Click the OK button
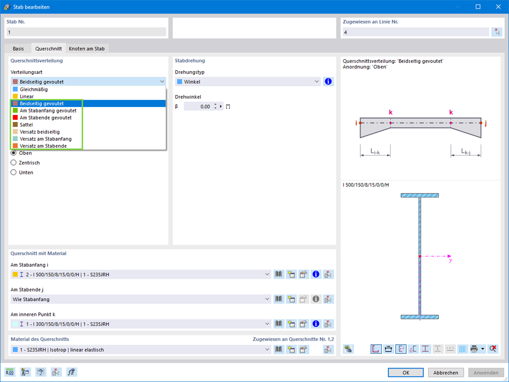pos(406,373)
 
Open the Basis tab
pos(18,48)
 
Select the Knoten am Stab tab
pos(86,48)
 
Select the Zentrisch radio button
pos(13,163)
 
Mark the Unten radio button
pos(13,173)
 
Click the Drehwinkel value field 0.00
pos(198,106)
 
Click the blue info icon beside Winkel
pos(328,82)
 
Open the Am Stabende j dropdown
pos(141,299)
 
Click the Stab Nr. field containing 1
pos(86,32)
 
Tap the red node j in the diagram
pos(481,123)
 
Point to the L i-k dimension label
pos(375,151)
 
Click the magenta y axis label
pos(450,260)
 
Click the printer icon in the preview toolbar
pos(474,349)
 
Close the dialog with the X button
pos(498,7)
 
